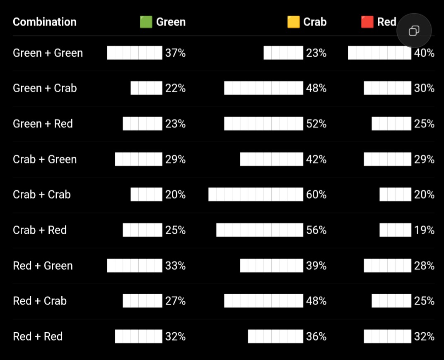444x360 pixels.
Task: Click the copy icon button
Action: click(x=414, y=31)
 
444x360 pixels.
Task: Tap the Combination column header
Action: click(x=45, y=22)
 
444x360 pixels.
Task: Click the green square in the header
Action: click(x=146, y=22)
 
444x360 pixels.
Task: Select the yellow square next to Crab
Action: click(x=293, y=22)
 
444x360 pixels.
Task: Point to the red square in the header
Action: click(x=367, y=22)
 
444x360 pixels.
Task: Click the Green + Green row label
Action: click(x=48, y=53)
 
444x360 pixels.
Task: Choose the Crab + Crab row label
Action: click(x=41, y=194)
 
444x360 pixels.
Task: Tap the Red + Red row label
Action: click(x=38, y=336)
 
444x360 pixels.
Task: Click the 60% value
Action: click(x=316, y=194)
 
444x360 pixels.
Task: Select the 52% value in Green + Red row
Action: click(x=316, y=124)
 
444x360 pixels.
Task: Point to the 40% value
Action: click(x=424, y=53)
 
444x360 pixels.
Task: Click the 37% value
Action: click(x=175, y=53)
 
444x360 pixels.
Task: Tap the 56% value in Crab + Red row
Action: click(x=316, y=230)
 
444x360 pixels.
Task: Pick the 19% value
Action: click(x=424, y=230)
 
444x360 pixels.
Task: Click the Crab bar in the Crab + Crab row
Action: click(x=256, y=194)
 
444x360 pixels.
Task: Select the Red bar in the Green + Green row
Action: click(x=379, y=53)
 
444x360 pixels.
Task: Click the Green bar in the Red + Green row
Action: click(x=135, y=266)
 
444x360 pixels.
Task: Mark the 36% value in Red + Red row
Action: click(x=316, y=336)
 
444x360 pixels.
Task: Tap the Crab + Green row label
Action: click(x=45, y=159)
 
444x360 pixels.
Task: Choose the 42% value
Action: click(x=316, y=159)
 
